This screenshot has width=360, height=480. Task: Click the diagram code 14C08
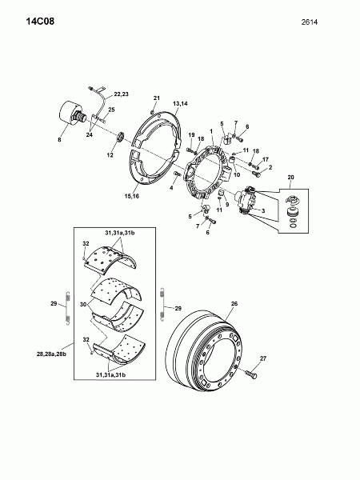pos(40,22)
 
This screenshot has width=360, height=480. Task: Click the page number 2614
pos(310,22)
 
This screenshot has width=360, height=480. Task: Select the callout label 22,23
pos(121,94)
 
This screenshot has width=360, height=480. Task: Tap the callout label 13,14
pos(180,104)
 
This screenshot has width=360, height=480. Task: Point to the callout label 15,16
pos(132,196)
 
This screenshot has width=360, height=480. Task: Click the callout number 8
pos(59,139)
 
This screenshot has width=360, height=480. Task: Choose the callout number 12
pos(110,155)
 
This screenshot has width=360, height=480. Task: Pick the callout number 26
pos(234,304)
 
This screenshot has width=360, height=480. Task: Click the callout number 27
pos(263,358)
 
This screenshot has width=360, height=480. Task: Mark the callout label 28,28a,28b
pos(51,354)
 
